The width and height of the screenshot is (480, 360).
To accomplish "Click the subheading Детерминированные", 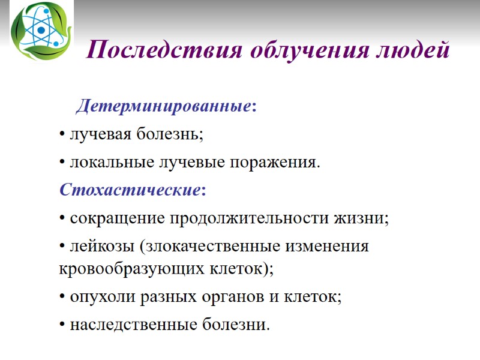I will pos(164,107).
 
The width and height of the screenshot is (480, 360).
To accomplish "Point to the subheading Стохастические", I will pos(130,190).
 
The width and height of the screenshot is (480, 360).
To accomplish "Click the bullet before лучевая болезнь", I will pos(63,136).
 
